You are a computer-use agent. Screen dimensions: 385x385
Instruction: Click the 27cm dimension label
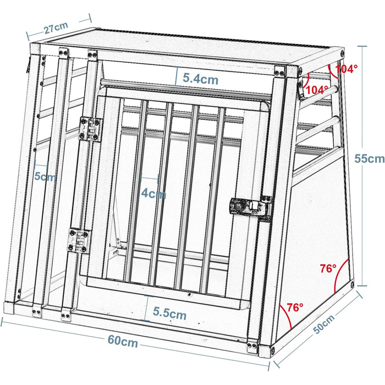click(x=56, y=28)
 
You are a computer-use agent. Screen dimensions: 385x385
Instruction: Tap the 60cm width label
click(x=123, y=342)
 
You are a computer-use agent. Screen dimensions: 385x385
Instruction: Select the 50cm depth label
click(x=324, y=324)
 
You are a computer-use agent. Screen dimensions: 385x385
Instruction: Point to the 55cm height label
click(x=369, y=158)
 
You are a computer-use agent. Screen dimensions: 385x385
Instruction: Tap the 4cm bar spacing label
click(x=153, y=194)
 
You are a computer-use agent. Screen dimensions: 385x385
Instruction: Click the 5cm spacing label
click(x=45, y=176)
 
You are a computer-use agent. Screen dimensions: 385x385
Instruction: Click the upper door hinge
click(x=91, y=129)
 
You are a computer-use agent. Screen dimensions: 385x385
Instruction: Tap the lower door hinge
click(x=79, y=241)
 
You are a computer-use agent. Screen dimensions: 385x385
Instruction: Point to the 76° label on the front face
click(x=295, y=307)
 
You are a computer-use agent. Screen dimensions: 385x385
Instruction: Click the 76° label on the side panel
click(x=328, y=268)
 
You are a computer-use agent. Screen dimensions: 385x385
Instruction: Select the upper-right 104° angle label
click(x=346, y=69)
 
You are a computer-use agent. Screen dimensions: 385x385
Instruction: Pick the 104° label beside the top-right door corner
click(x=317, y=90)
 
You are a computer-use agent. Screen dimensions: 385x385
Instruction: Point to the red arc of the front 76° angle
click(x=286, y=315)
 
